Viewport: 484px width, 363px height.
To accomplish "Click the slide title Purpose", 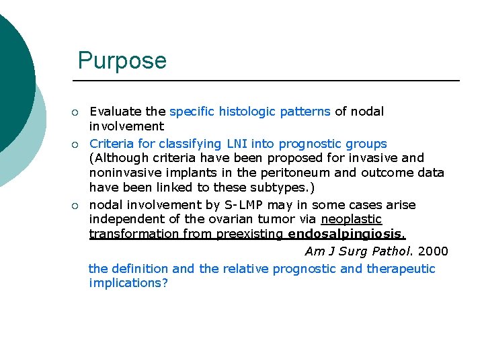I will pyautogui.click(x=122, y=61).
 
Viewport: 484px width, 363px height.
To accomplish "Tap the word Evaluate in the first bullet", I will pyautogui.click(x=116, y=112).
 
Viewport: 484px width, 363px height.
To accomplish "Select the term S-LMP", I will pyautogui.click(x=220, y=205).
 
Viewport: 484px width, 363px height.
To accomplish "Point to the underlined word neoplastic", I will pyautogui.click(x=351, y=220).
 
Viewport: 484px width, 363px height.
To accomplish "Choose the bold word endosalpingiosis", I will pyautogui.click(x=346, y=235).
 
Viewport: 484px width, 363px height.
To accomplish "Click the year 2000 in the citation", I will pyautogui.click(x=433, y=251).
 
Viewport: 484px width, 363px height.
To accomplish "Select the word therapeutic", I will pyautogui.click(x=401, y=269).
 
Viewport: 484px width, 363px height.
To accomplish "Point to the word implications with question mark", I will pyautogui.click(x=128, y=283).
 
